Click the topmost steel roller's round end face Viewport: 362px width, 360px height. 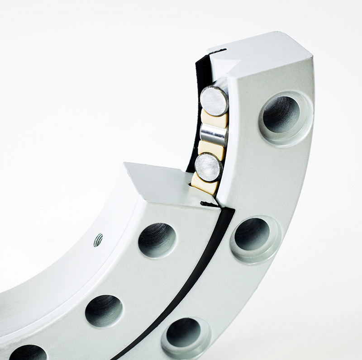(214, 100)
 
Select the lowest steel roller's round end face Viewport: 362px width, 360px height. (209, 167)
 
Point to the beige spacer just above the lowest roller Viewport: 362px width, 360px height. (211, 149)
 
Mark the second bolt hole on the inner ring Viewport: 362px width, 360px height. (104, 310)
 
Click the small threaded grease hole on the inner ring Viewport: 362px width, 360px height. (98, 240)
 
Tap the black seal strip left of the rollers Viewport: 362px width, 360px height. (195, 113)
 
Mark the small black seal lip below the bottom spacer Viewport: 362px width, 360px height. (209, 204)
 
